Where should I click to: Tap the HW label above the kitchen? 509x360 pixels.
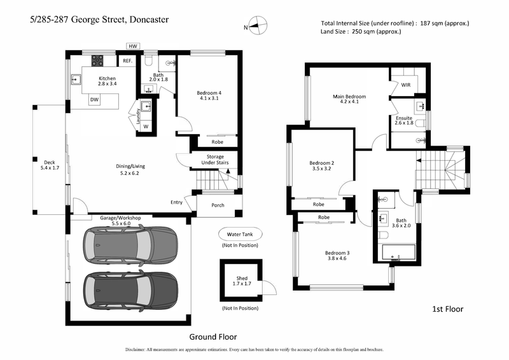click(133, 46)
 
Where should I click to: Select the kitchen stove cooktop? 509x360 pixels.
click(99, 61)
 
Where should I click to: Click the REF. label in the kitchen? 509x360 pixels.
click(127, 61)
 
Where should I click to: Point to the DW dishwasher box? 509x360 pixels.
click(94, 100)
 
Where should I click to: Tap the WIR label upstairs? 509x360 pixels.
click(406, 85)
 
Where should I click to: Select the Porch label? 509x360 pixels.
click(218, 205)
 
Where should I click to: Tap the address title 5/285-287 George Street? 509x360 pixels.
click(99, 20)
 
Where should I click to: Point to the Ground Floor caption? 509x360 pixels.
click(213, 336)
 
